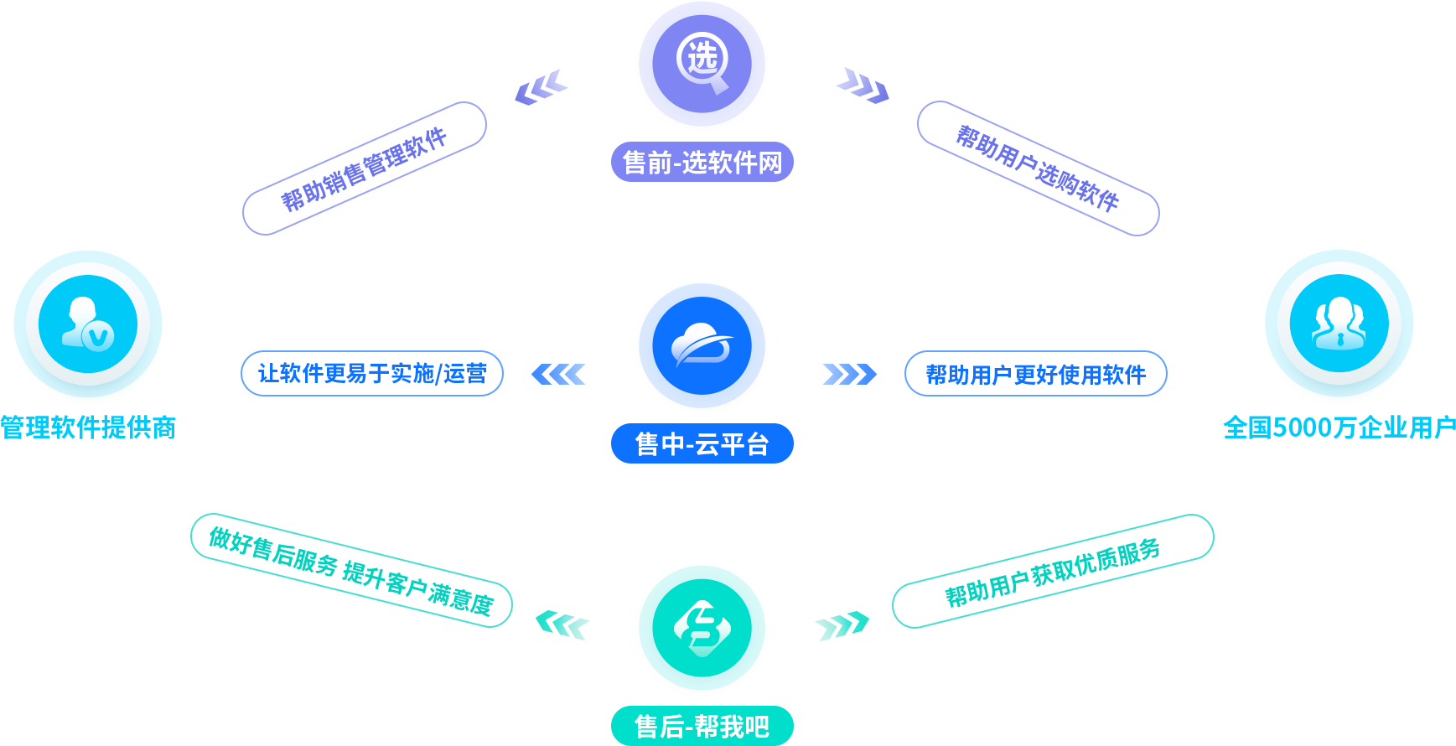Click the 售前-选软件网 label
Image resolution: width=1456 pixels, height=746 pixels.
point(702,162)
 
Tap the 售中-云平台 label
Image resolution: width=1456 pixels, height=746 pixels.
point(702,443)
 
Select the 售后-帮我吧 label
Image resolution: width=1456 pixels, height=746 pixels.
point(702,726)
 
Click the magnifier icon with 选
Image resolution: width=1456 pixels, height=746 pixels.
point(702,64)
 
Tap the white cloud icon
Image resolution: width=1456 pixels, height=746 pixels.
point(702,345)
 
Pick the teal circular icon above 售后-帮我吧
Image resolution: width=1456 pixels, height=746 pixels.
point(702,629)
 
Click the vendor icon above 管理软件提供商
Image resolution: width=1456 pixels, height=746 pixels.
point(88,324)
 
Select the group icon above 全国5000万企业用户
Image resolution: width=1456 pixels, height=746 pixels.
point(1339,323)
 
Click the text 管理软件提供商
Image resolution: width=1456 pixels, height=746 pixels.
point(88,427)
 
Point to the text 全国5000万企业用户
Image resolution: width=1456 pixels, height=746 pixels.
point(1339,427)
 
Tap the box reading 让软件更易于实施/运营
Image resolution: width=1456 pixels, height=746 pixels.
point(372,374)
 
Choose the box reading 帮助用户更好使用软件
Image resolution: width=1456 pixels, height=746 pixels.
point(1035,374)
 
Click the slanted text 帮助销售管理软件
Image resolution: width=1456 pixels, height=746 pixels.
point(364,169)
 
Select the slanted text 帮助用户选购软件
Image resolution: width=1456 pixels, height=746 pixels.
point(1038,168)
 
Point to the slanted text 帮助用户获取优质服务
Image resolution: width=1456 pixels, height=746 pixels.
point(1053,573)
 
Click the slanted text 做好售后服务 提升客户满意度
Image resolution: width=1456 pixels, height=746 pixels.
point(351,571)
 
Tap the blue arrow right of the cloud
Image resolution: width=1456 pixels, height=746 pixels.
point(849,374)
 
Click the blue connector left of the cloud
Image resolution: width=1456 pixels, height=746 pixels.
point(558,374)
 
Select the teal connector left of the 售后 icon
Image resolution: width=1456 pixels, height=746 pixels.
point(563,625)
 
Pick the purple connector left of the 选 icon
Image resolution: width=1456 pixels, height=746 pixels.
point(541,87)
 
